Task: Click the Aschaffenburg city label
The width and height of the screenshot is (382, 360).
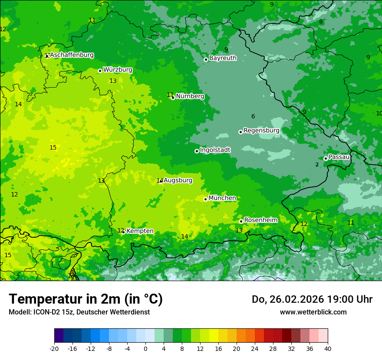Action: coord(72,55)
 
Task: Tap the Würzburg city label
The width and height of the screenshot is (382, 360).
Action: coord(118,70)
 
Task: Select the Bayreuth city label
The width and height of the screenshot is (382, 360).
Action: coord(223,58)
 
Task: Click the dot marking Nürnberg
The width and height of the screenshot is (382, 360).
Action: coord(173,98)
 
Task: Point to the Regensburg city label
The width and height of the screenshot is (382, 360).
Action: coord(261,131)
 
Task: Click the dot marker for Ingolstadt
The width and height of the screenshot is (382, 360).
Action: coord(197,151)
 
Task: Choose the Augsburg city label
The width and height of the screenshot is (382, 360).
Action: coord(178,180)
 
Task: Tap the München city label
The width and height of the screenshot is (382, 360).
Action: coord(222,198)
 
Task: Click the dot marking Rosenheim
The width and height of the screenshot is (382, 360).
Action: coord(241,221)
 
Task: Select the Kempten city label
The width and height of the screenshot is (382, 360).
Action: coord(140,231)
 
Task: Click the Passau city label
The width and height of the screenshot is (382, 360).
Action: coord(339,157)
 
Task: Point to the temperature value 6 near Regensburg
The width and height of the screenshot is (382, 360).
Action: coord(253,116)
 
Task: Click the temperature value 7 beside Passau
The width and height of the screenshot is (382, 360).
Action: coord(317,165)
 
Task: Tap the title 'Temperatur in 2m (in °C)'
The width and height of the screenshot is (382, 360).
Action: coord(86,299)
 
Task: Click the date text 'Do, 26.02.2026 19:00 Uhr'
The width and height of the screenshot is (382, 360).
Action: coord(312,299)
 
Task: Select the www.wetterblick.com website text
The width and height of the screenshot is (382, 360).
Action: coord(313,312)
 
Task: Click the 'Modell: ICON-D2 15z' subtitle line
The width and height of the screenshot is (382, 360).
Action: coord(79,312)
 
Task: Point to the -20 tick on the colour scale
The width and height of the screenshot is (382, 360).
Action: coord(54,348)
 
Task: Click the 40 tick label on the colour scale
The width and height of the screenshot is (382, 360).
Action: coord(328,348)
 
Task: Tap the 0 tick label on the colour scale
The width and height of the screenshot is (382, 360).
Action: coord(145,348)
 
